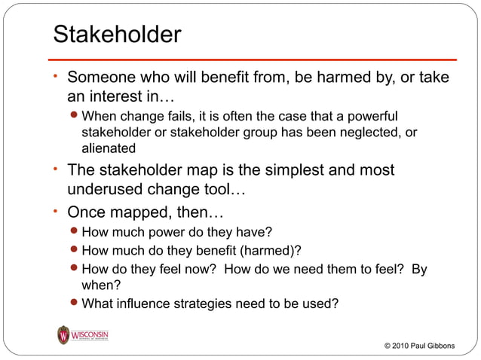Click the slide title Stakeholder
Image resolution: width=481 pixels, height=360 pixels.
(117, 35)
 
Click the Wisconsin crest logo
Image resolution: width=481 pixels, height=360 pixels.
(64, 335)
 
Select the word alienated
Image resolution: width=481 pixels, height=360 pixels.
(109, 148)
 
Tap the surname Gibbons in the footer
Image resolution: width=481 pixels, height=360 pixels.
(453, 346)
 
